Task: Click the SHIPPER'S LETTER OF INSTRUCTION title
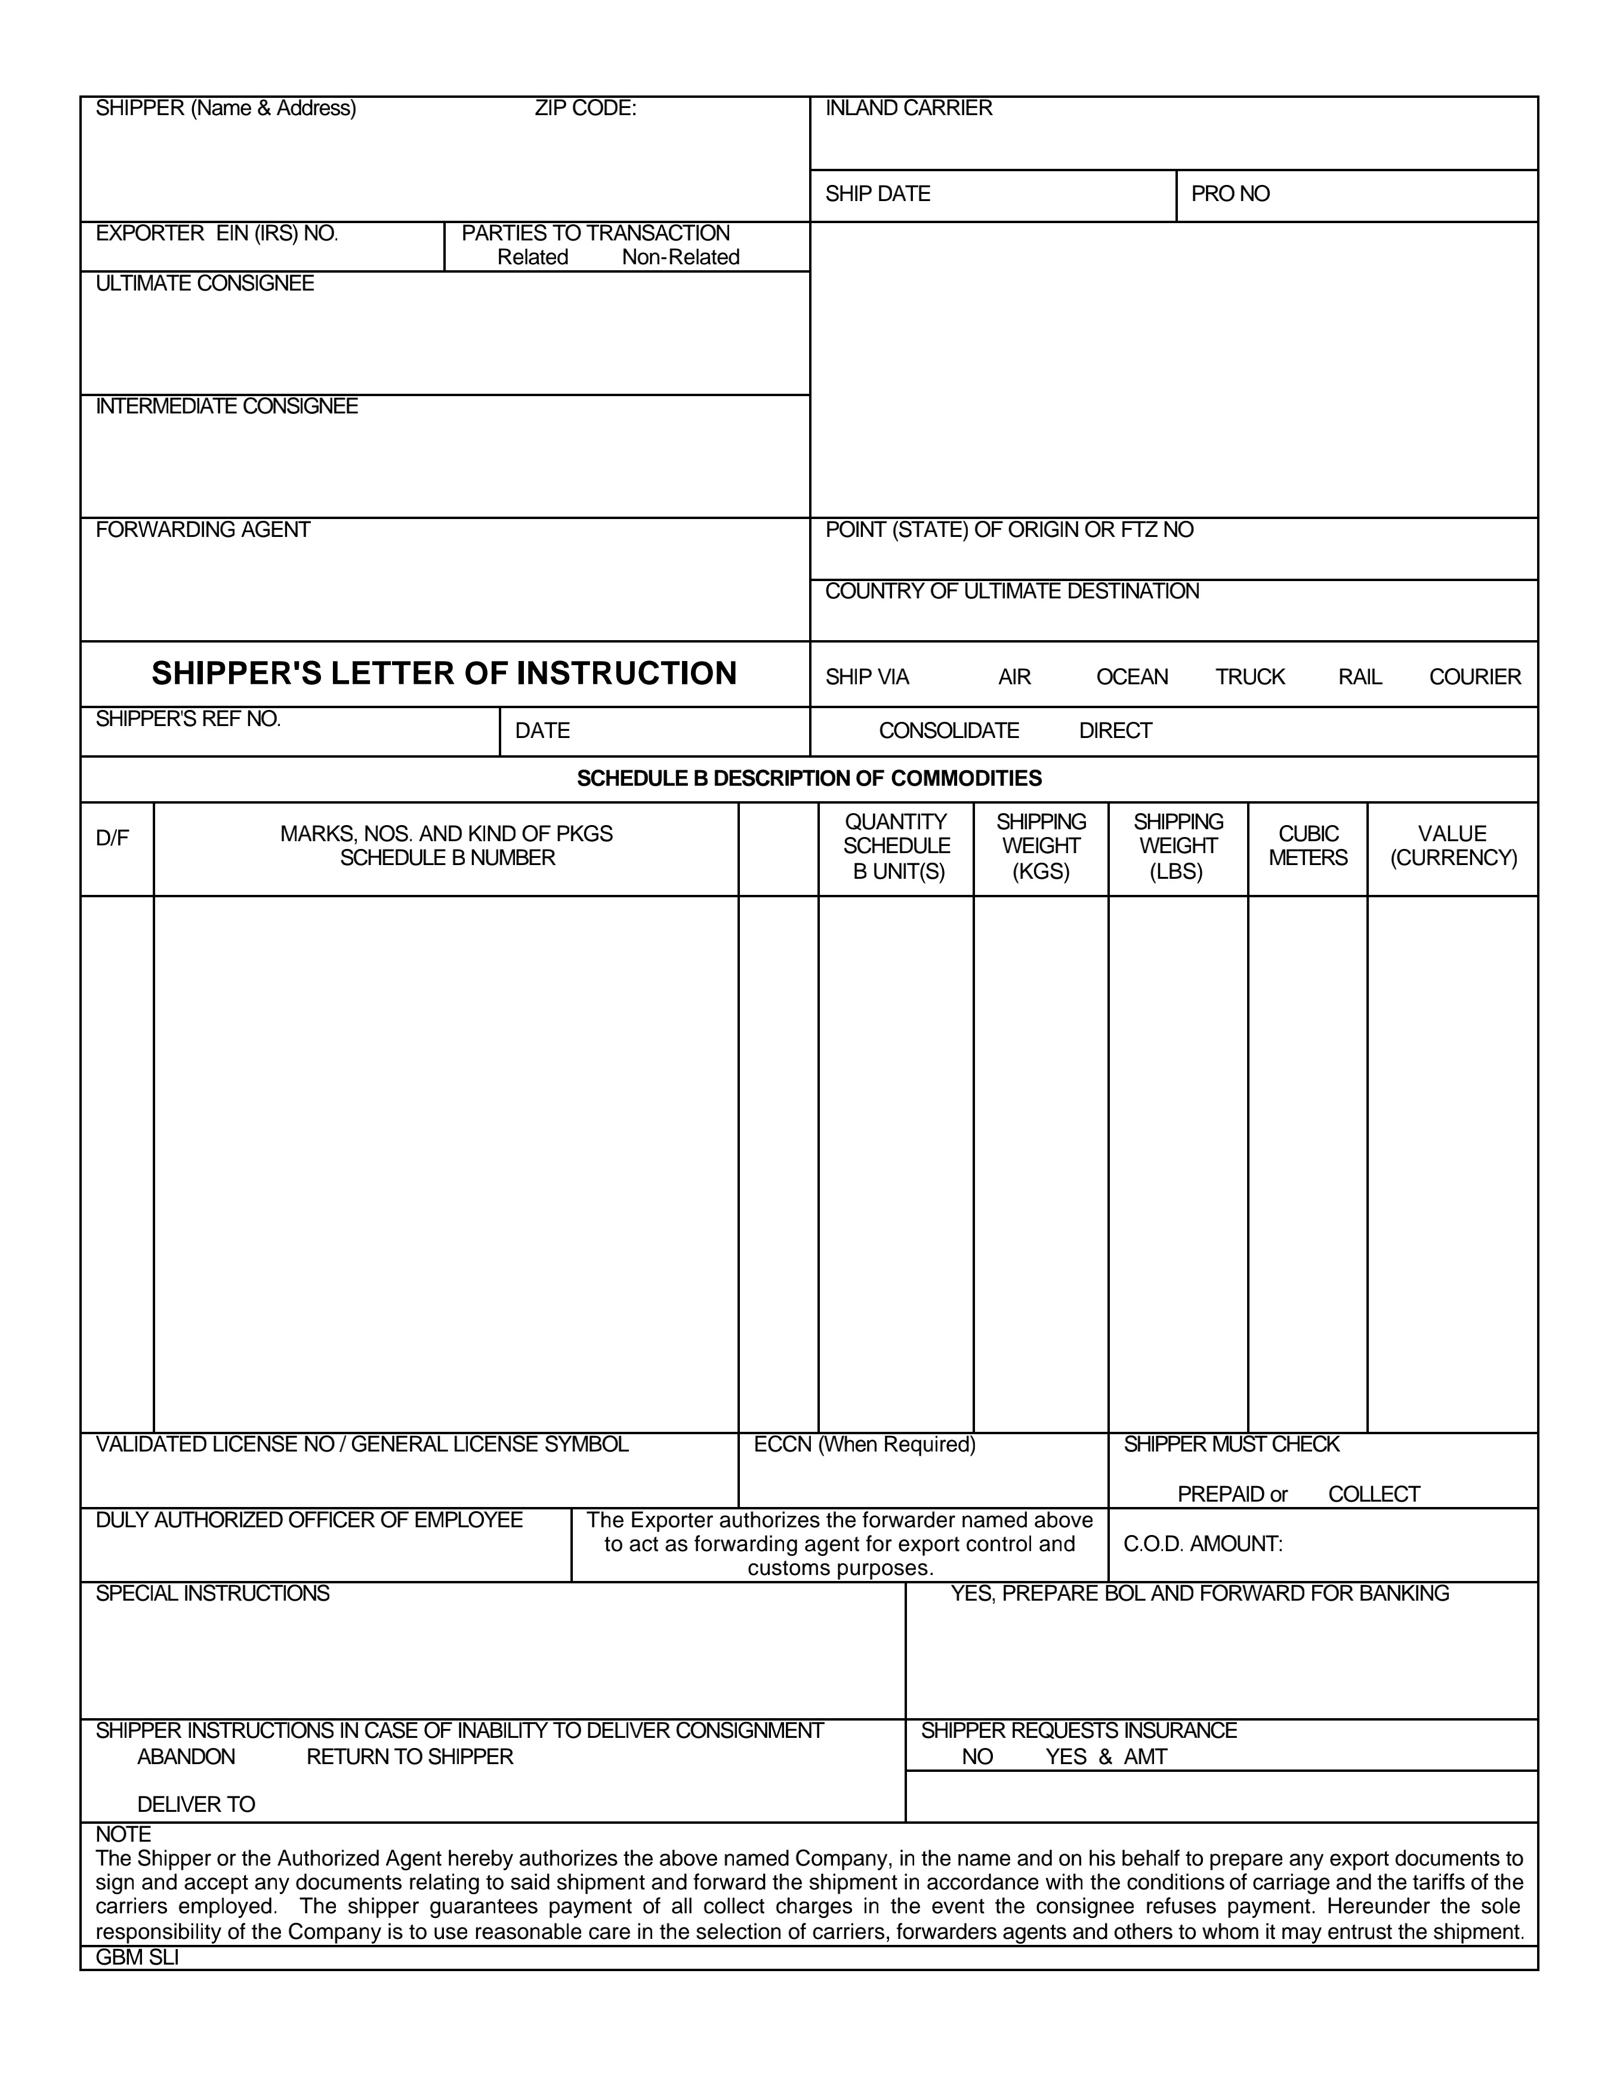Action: coord(444,673)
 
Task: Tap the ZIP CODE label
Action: coord(585,109)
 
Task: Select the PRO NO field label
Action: coord(1230,194)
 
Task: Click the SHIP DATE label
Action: coord(877,194)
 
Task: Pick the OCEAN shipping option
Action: coord(1132,677)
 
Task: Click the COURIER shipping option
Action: coord(1474,677)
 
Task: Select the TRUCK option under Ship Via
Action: coord(1249,677)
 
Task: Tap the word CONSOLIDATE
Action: coord(948,731)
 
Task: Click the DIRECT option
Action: coord(1115,731)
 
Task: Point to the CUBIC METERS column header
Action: coord(1307,846)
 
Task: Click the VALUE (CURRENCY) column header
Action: coord(1453,846)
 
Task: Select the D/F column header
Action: coord(113,838)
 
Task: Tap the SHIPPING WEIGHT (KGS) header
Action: coord(1041,846)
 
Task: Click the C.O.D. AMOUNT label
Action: coord(1202,1544)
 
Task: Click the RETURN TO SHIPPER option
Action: coord(409,1757)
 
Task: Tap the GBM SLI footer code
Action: coord(137,1957)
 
